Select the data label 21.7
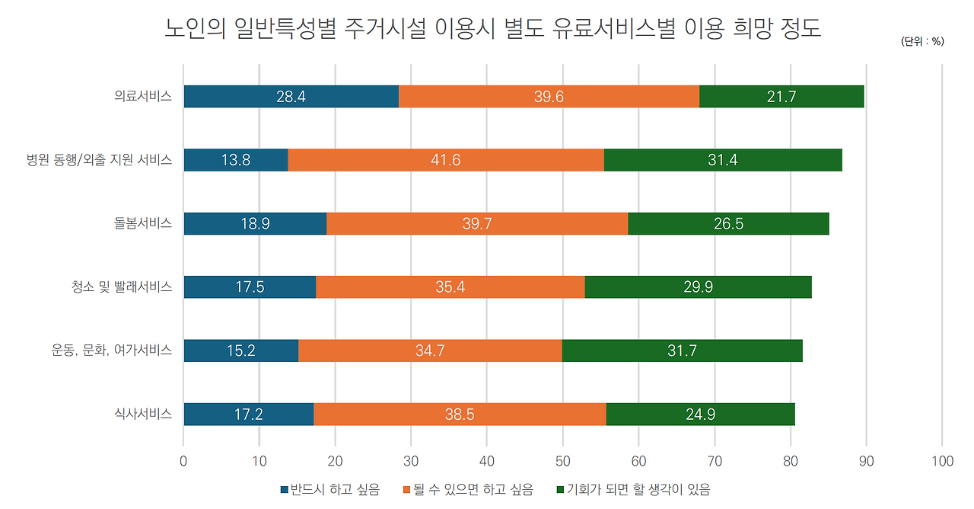[781, 97]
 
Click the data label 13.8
[235, 160]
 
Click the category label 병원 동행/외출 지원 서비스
[99, 160]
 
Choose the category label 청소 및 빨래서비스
[120, 287]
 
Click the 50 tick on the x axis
[562, 461]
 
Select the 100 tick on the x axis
[942, 461]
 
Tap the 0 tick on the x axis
[183, 461]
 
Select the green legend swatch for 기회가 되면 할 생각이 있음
[562, 489]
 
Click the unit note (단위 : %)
[921, 42]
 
